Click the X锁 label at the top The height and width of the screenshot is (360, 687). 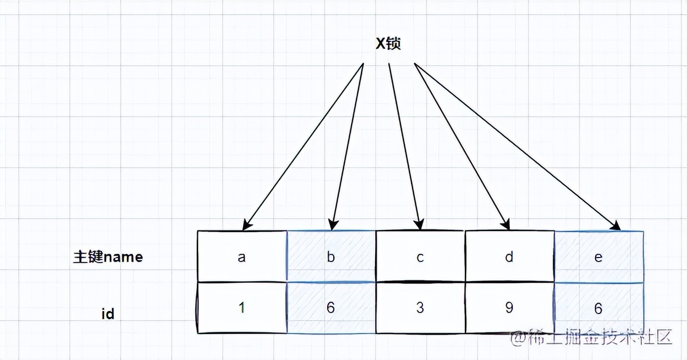click(x=388, y=44)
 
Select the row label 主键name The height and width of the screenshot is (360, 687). click(x=108, y=256)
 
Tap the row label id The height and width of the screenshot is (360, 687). click(x=108, y=314)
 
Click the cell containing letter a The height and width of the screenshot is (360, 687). click(x=242, y=256)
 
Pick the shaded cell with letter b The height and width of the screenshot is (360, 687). click(x=331, y=256)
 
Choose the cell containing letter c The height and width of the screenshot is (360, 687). click(x=420, y=256)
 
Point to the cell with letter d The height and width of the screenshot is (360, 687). click(x=509, y=256)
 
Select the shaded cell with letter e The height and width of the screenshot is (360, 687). click(x=598, y=256)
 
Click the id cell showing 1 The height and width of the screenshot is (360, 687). click(x=242, y=308)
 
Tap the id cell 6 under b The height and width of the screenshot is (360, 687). click(x=331, y=308)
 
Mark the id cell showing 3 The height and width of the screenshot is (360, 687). click(x=420, y=308)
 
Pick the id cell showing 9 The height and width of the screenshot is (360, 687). click(x=509, y=308)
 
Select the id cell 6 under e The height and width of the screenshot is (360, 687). click(x=598, y=308)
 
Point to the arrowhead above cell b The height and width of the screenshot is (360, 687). click(x=333, y=225)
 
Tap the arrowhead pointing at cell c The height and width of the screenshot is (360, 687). click(x=419, y=225)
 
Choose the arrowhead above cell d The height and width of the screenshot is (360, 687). click(x=506, y=225)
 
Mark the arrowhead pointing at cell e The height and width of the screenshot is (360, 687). click(x=617, y=226)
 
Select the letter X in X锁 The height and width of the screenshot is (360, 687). click(x=380, y=44)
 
